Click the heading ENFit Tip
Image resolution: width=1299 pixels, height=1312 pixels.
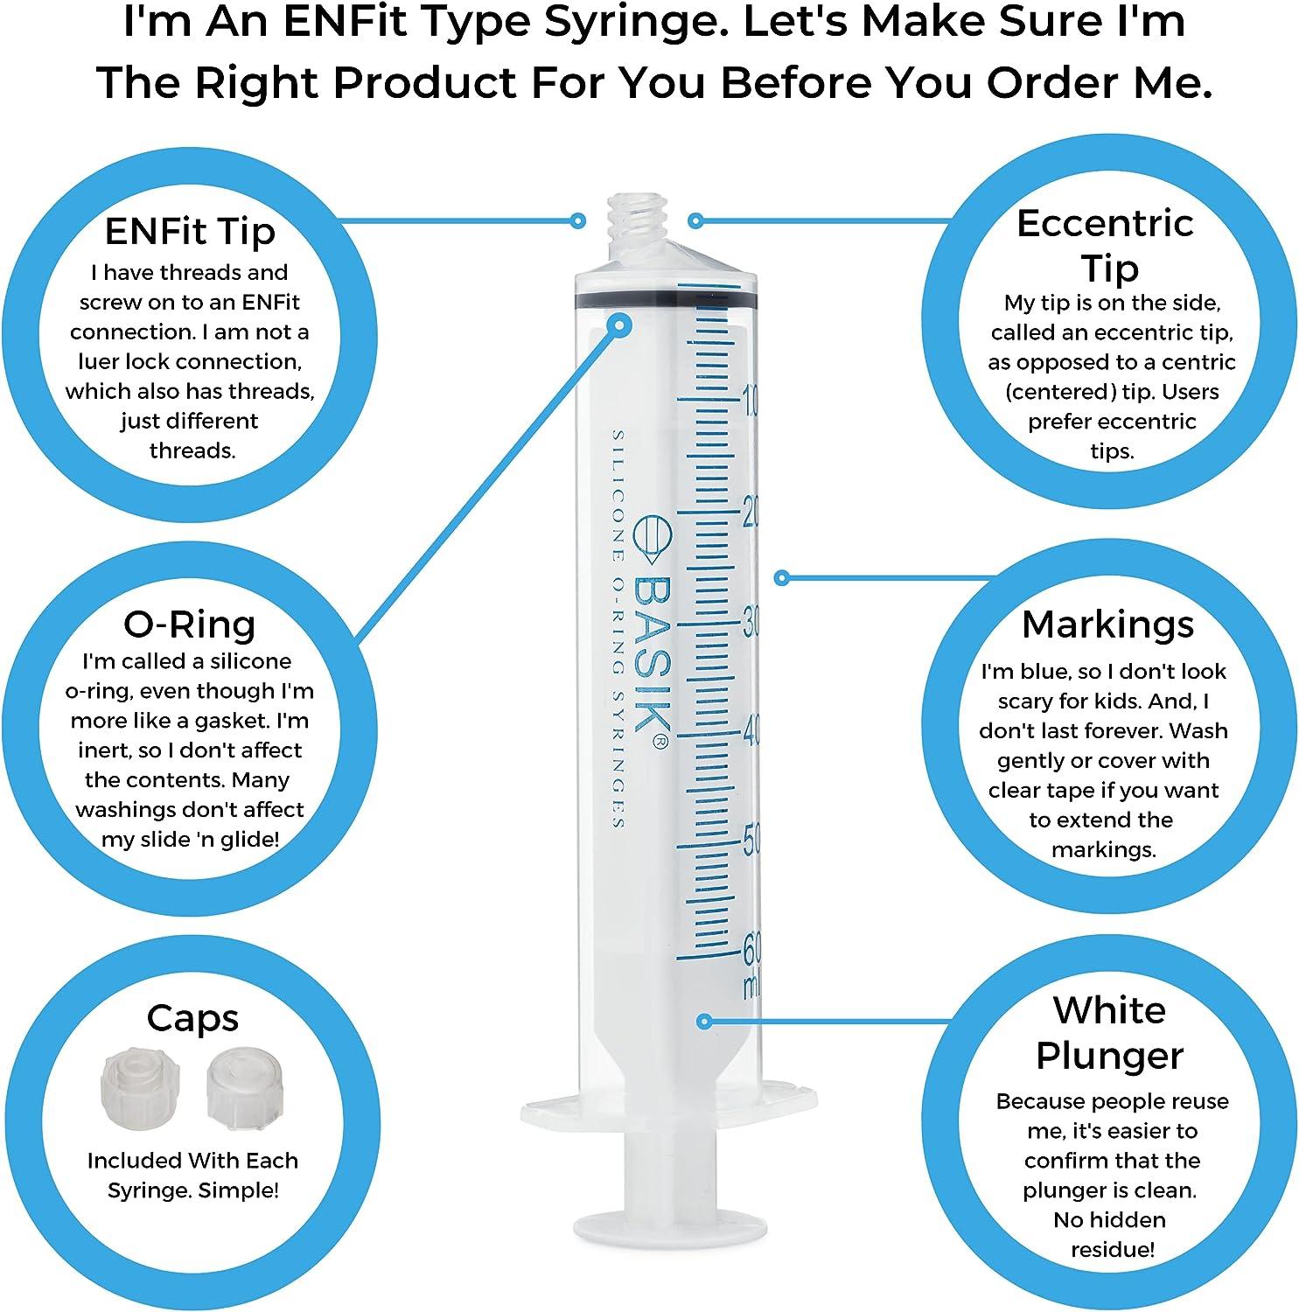(x=190, y=232)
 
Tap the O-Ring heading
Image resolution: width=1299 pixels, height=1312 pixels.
(x=190, y=624)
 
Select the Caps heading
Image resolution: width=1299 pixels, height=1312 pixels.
(x=192, y=1018)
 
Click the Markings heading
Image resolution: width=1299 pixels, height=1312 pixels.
(x=1107, y=624)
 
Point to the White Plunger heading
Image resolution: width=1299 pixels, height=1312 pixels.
(x=1109, y=1033)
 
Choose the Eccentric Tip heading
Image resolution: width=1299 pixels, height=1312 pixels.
(x=1106, y=246)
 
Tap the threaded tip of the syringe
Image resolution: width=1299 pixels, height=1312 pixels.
(x=636, y=226)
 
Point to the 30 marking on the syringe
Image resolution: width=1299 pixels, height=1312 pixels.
(x=750, y=623)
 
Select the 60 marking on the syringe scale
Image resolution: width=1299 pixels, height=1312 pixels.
(x=751, y=947)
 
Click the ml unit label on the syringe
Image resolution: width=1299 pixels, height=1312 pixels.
(x=751, y=986)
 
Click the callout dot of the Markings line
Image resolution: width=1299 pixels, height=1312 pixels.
(x=783, y=577)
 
